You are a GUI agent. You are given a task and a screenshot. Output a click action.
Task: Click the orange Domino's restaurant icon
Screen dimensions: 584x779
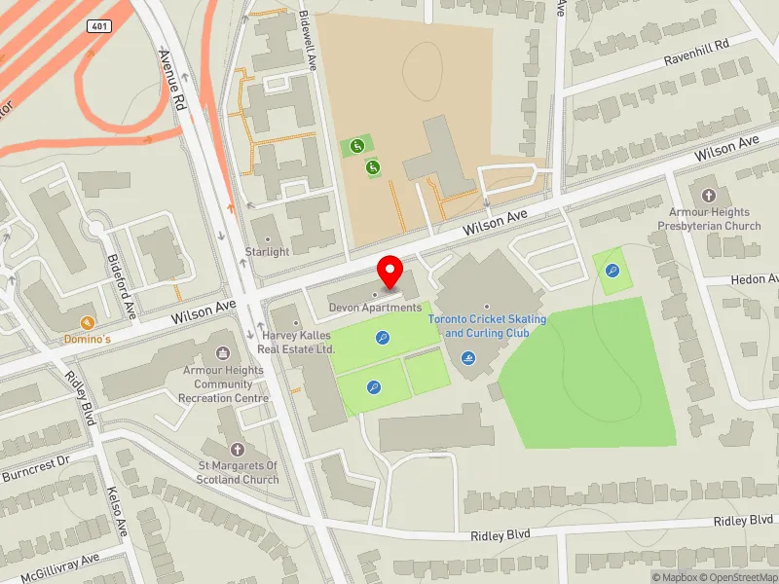coord(87,323)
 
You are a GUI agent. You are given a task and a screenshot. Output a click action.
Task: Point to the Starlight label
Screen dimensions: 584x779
coord(268,252)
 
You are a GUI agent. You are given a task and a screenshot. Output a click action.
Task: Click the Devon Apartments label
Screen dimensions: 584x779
coord(375,308)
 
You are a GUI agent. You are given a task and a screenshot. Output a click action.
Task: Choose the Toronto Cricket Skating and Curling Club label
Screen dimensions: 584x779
coord(488,326)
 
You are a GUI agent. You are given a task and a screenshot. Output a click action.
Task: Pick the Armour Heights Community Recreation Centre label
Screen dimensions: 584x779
coord(224,383)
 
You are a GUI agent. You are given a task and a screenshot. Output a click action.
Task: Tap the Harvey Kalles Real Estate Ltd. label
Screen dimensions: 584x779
coord(298,342)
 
